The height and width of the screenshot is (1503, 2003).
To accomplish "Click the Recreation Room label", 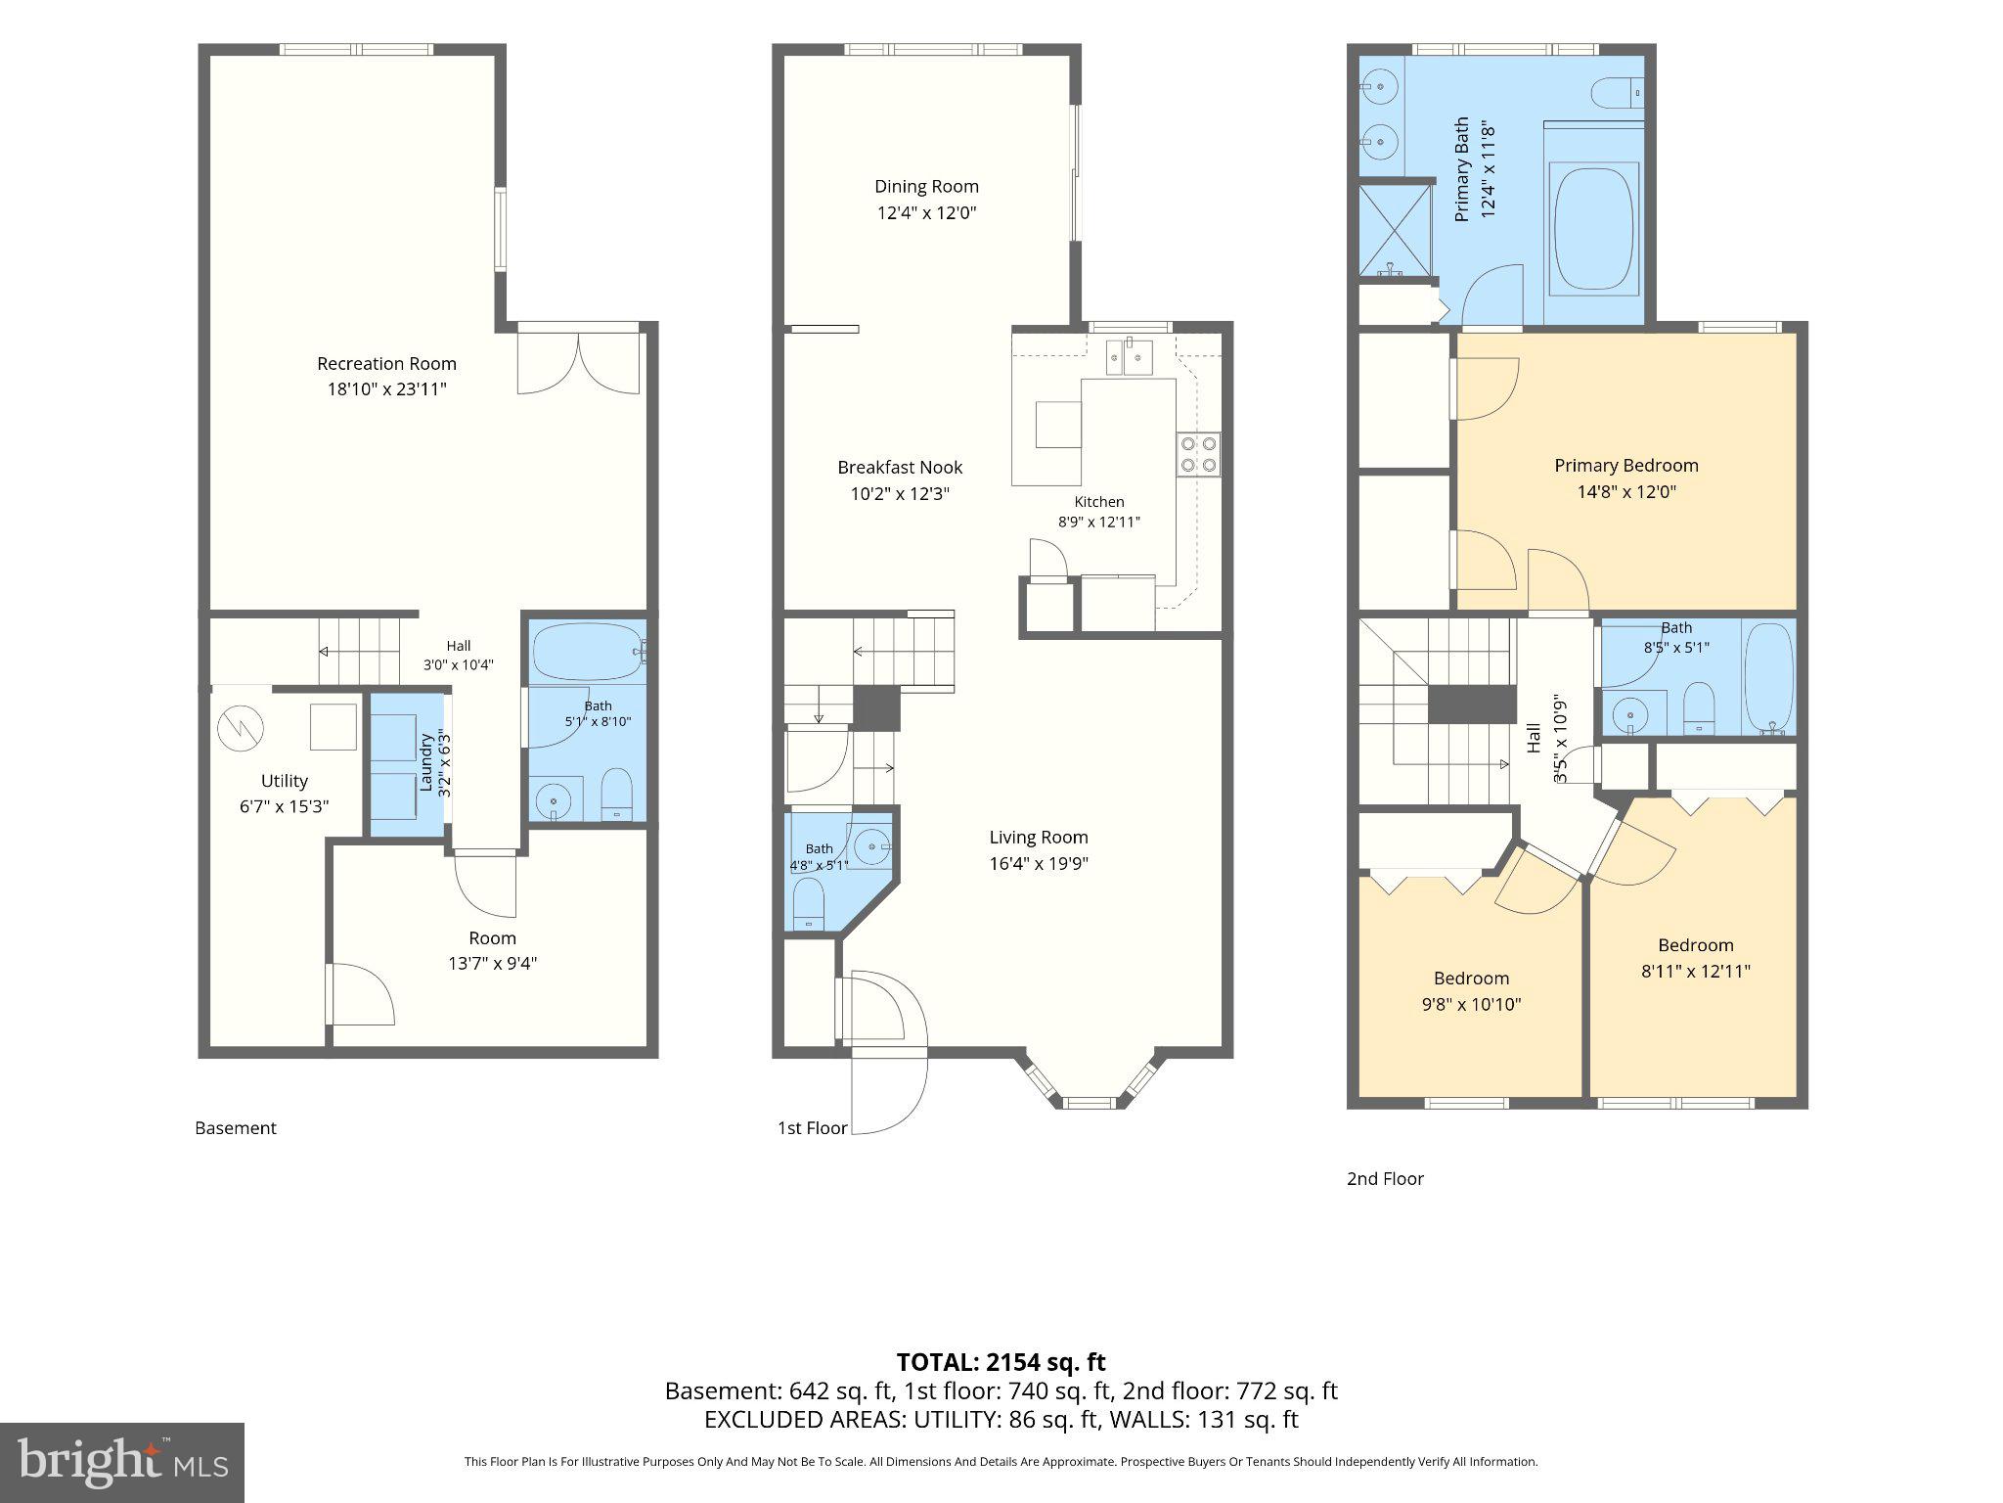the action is (386, 363).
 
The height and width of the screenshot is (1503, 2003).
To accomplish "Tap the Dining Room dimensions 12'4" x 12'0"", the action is (926, 212).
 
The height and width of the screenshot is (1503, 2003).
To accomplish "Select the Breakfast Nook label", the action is (900, 468).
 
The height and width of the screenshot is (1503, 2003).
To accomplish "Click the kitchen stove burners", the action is (1198, 453).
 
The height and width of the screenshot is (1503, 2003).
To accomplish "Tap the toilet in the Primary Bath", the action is (1617, 94).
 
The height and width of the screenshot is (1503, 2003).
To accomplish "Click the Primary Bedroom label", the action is (1626, 466).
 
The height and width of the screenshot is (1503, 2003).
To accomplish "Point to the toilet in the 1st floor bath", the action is (809, 902).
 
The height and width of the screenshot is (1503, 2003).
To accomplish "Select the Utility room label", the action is (284, 781).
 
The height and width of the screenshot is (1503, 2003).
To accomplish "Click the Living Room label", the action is (1039, 838).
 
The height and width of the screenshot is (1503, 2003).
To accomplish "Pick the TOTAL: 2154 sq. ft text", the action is (1001, 1362).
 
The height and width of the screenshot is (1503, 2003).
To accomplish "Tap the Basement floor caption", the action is (236, 1128).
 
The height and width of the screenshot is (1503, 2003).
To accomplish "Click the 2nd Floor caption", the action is (1385, 1179).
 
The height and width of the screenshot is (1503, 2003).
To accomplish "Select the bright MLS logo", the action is (121, 1462).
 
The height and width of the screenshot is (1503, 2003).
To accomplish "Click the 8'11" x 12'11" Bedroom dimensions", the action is (1695, 972).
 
